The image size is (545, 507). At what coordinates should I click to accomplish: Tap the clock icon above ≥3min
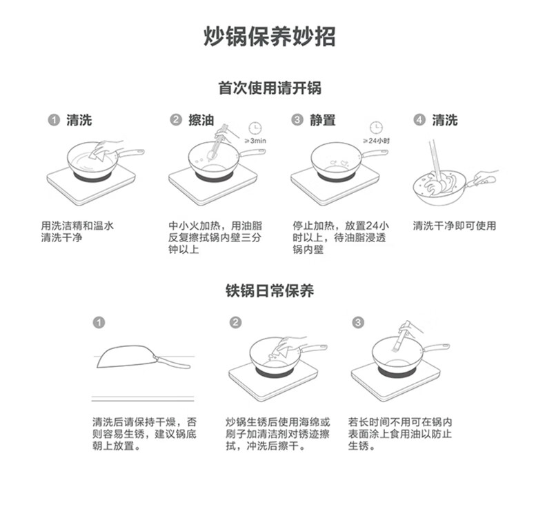[255, 128]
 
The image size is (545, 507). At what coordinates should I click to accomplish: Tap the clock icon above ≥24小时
[376, 128]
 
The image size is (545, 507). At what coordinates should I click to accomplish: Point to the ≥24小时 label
[377, 141]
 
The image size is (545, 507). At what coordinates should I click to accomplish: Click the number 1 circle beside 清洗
[53, 121]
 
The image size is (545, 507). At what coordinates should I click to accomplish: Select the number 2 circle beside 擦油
[176, 121]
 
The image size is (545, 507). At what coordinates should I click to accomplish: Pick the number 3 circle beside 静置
[297, 121]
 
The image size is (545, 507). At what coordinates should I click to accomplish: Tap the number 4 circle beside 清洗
[419, 121]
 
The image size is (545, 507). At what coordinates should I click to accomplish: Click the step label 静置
[323, 121]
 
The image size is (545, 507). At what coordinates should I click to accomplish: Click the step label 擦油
[201, 121]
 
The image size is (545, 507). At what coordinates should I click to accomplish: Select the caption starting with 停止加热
[340, 237]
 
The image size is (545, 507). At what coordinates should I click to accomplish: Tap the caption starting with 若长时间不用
[399, 434]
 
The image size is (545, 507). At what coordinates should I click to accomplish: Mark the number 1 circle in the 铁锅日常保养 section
[99, 323]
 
